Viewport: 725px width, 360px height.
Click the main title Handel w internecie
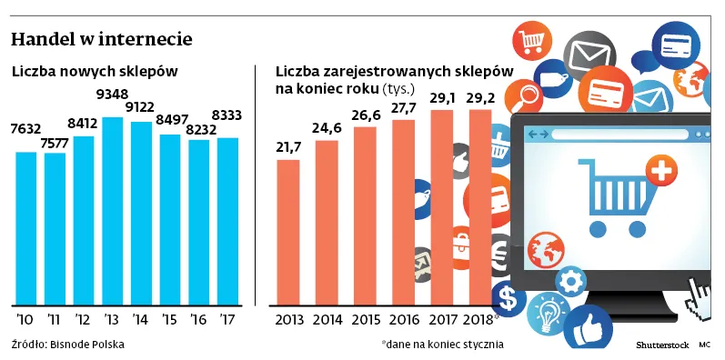click(x=101, y=41)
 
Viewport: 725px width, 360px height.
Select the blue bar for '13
click(x=113, y=211)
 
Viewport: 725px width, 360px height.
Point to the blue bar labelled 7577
click(x=55, y=228)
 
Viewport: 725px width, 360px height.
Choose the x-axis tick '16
click(x=198, y=319)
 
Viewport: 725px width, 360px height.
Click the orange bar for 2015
click(x=364, y=215)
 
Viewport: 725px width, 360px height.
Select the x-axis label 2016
click(x=403, y=320)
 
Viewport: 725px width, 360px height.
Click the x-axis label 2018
click(x=478, y=320)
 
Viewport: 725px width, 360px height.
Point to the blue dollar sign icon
click(x=508, y=297)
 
